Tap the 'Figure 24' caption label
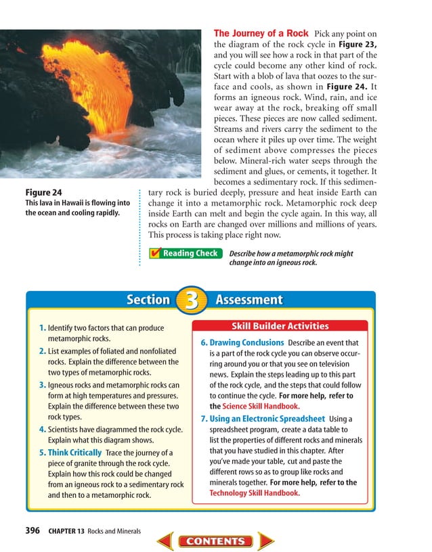[43, 192]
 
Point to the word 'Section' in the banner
[148, 300]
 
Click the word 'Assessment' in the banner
[249, 300]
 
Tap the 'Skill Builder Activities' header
[280, 326]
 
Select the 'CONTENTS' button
[215, 541]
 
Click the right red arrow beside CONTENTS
[265, 541]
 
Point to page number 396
[33, 531]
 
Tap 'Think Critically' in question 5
[74, 452]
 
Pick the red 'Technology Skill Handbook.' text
[255, 493]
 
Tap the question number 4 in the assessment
[43, 429]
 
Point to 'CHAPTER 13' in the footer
[66, 531]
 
